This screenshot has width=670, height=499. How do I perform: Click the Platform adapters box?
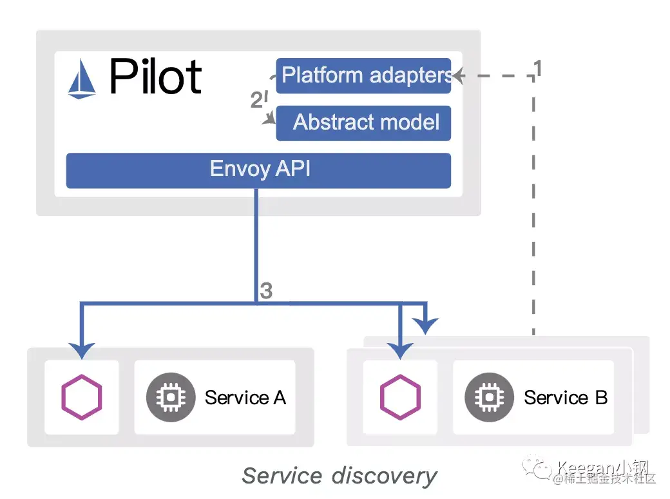click(363, 75)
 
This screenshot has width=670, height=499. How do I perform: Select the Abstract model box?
click(363, 122)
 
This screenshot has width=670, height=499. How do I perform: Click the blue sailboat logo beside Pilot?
click(82, 77)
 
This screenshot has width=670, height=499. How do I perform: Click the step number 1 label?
click(537, 68)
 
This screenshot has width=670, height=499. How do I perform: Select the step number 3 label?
click(266, 291)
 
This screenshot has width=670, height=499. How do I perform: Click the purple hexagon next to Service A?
click(81, 397)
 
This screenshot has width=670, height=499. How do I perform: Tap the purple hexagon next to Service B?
click(400, 397)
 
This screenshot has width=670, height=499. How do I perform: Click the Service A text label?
click(245, 397)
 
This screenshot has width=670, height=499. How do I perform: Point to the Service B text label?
click(565, 397)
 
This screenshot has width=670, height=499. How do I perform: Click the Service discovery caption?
click(340, 476)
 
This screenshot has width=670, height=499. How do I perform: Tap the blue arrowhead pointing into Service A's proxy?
click(82, 350)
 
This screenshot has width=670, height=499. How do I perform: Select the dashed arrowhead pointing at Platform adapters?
click(458, 76)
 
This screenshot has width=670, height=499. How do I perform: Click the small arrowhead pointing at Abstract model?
click(271, 120)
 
